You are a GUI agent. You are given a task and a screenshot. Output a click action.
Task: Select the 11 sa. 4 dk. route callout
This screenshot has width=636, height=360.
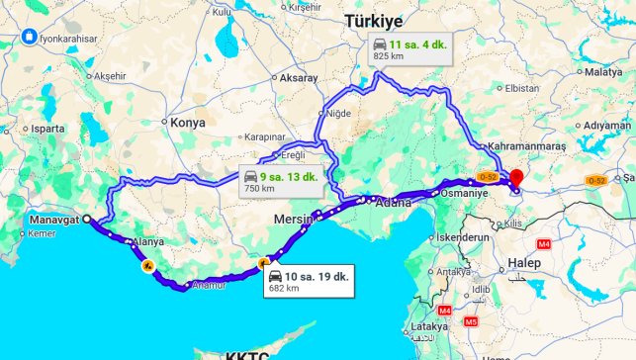[407, 48]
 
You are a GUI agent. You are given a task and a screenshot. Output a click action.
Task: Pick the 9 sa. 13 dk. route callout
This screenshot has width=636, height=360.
[280, 181]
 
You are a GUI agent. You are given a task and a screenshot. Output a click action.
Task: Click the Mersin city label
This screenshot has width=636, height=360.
[293, 218]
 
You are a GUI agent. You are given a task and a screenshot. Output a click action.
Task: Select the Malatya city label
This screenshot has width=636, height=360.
[602, 72]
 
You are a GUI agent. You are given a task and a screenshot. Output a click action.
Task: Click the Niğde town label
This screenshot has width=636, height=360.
[339, 114]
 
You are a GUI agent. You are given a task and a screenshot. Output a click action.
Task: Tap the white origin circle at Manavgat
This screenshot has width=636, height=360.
[86, 220]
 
